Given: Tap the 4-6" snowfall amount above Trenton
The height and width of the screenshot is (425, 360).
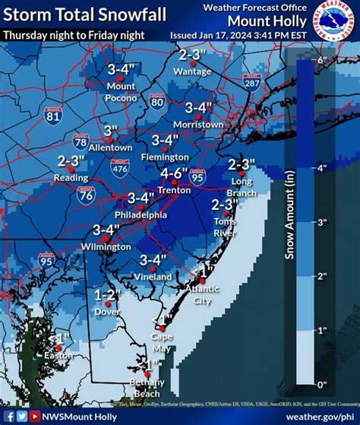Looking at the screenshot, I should (x=175, y=173).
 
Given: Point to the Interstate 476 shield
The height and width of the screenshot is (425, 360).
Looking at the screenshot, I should (x=119, y=168).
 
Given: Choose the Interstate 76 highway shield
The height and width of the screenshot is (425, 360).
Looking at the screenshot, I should (x=84, y=195).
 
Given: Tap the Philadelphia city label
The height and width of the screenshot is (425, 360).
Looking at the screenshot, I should (x=141, y=215).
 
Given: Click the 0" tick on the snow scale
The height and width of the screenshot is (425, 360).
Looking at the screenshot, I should (x=321, y=385).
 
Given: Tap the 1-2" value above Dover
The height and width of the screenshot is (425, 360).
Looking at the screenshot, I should (x=107, y=294).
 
